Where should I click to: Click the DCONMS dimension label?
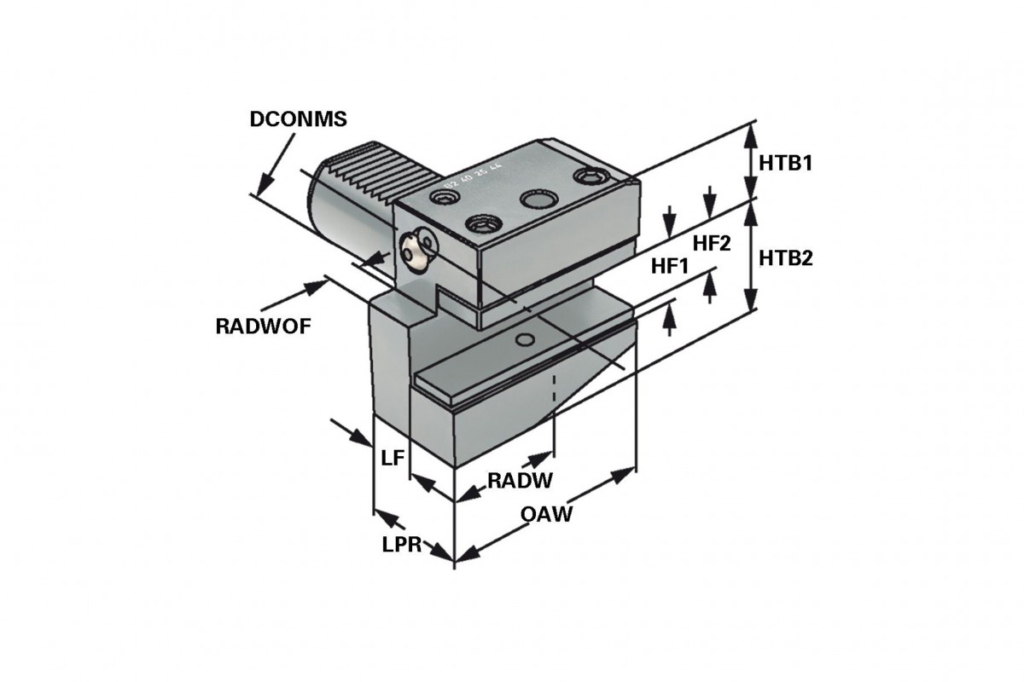pyautogui.click(x=298, y=119)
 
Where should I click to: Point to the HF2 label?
pyautogui.click(x=712, y=244)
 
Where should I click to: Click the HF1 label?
pyautogui.click(x=670, y=266)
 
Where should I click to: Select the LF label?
pyautogui.click(x=393, y=458)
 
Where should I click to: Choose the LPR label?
pyautogui.click(x=402, y=545)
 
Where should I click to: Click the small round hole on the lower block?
pyautogui.click(x=528, y=340)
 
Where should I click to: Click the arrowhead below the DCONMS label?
pyautogui.click(x=264, y=182)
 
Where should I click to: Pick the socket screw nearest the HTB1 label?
pyautogui.click(x=591, y=176)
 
